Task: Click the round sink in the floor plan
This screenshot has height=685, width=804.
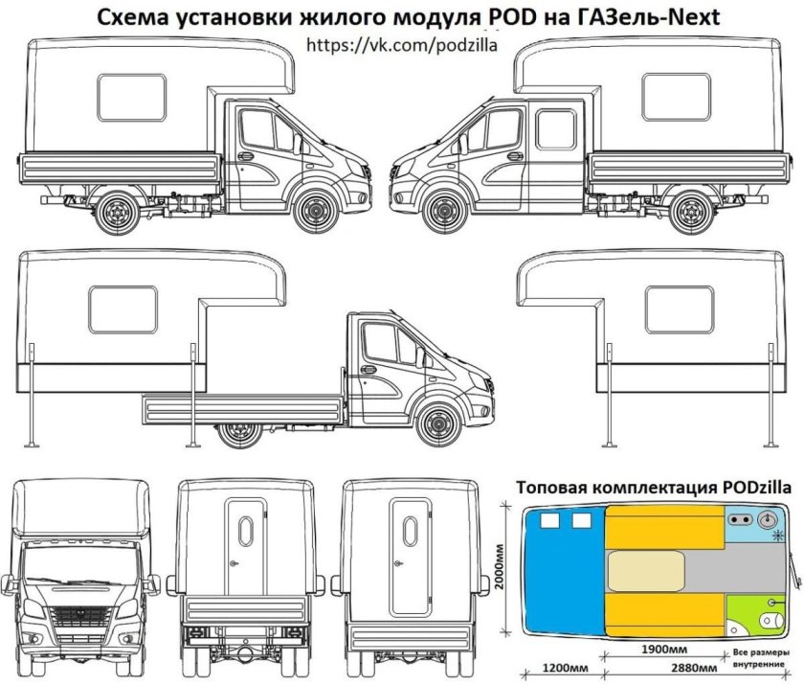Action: click(x=766, y=519)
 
